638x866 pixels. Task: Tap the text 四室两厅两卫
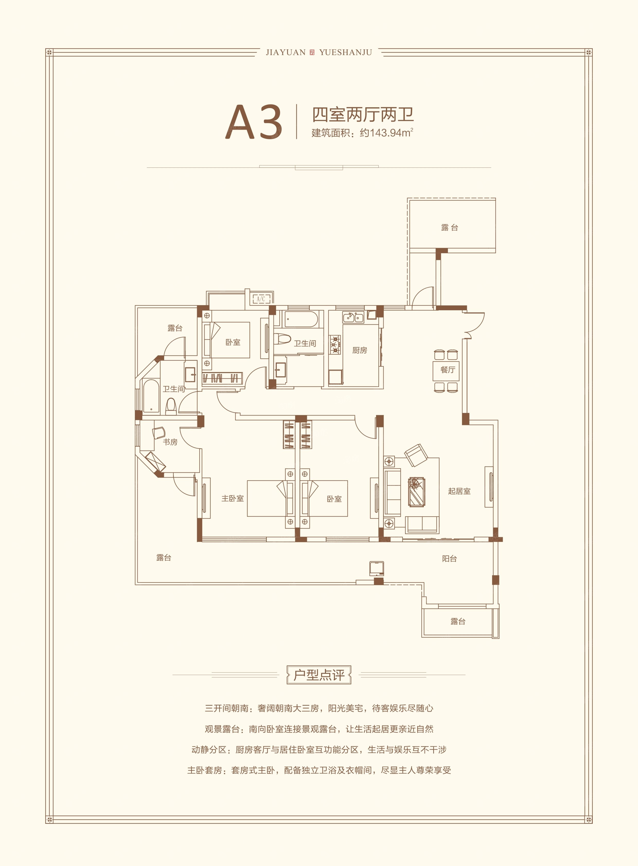point(363,115)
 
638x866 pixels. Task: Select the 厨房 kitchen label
point(360,350)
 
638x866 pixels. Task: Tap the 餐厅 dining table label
point(448,370)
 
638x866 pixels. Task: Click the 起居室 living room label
point(459,491)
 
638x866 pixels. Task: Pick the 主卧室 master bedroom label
point(233,498)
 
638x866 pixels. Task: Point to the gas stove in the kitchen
point(335,345)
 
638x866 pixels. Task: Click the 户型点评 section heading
point(319,675)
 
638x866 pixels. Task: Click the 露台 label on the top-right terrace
point(449,227)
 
